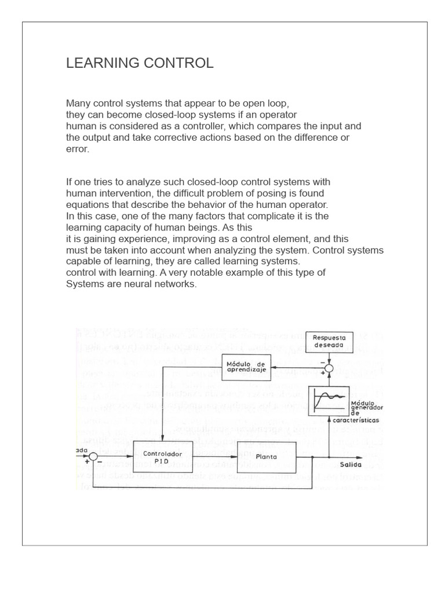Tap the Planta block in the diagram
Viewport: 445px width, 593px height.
(x=266, y=456)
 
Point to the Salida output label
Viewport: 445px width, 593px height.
(x=351, y=464)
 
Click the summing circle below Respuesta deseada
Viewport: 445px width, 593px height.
(x=329, y=367)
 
